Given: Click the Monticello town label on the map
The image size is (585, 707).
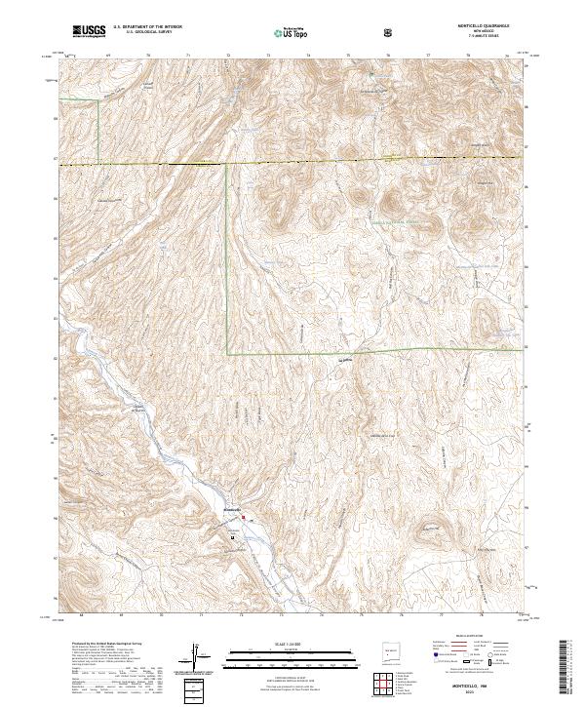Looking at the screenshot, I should point(233,510).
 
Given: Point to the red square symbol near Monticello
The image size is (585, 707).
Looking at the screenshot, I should point(246,518).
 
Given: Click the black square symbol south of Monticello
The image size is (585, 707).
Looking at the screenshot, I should point(233,536).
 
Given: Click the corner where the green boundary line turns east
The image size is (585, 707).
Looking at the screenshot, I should point(228,352).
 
